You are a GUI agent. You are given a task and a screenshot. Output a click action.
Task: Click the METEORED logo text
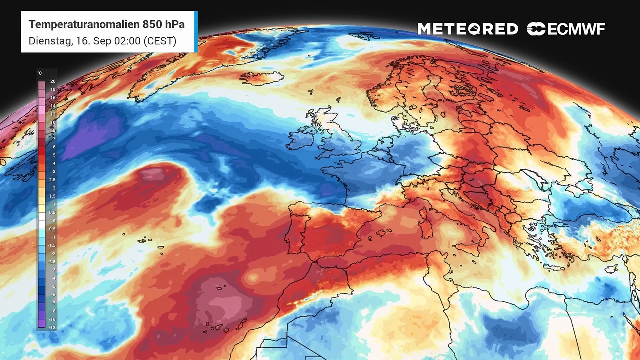point(468,29)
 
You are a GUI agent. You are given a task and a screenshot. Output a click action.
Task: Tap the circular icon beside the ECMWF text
point(536,29)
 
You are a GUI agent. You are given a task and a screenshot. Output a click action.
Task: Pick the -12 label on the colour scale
point(52,327)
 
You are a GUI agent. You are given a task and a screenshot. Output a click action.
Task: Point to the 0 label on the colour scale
point(54,221)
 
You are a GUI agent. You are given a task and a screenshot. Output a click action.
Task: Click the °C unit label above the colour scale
point(40,73)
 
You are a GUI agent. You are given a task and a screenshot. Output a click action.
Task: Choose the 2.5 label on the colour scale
point(52,180)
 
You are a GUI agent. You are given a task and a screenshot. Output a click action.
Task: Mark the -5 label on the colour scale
point(52,286)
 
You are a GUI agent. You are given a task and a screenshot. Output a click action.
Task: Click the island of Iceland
point(261,78)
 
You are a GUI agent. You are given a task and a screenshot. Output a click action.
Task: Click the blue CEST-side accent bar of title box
point(196,32)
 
